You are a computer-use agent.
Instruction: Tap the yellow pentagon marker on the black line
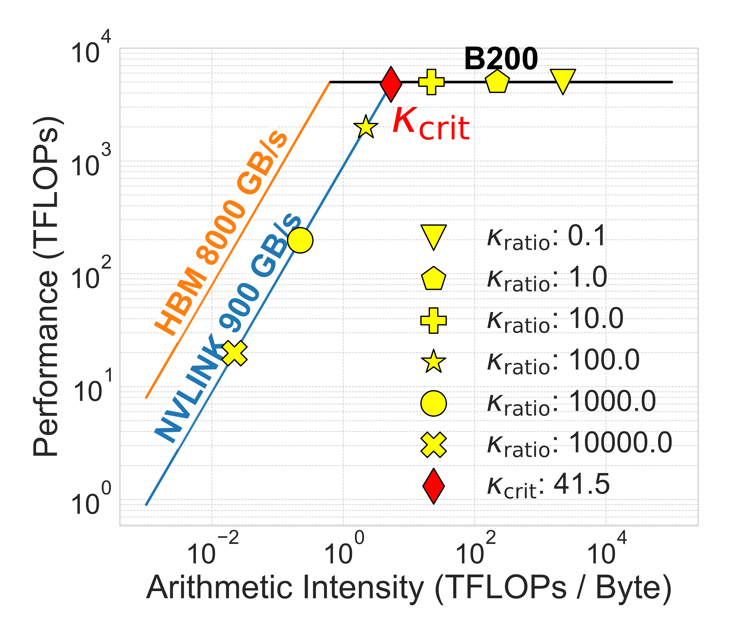click(x=497, y=82)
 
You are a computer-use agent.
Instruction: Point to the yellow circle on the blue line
click(x=300, y=240)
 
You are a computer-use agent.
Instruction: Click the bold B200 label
click(x=501, y=59)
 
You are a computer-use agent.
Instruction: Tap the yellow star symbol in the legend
click(x=433, y=362)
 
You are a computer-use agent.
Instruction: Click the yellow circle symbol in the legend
click(x=433, y=403)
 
